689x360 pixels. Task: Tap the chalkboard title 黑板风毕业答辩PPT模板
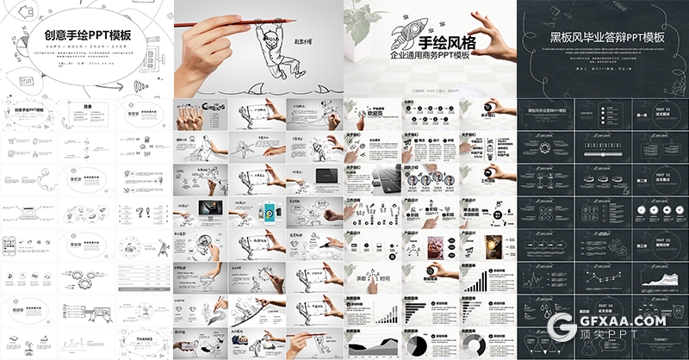(602, 37)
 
